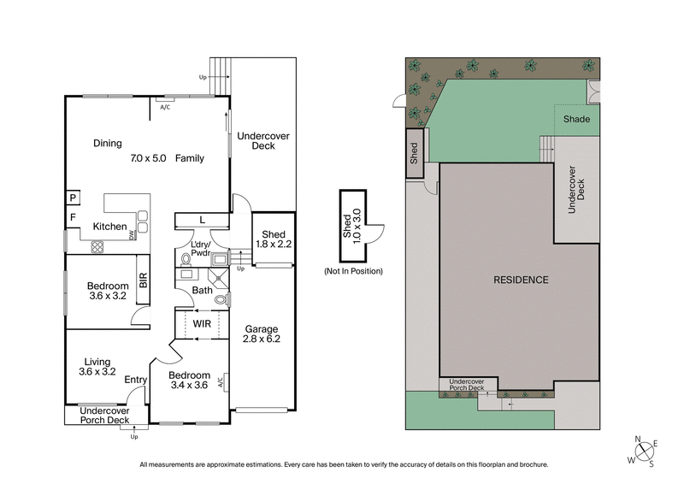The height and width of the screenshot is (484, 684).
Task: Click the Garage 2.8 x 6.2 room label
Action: tap(262, 333)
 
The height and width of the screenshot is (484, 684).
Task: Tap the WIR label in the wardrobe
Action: tap(203, 323)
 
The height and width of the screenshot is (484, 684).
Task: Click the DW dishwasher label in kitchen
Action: tap(132, 235)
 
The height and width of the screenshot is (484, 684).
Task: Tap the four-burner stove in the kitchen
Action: tap(97, 245)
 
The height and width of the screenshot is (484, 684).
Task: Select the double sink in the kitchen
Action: tap(142, 220)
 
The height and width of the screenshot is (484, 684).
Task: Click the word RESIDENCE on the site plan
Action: tap(521, 280)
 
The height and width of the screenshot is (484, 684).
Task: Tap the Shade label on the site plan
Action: tap(576, 119)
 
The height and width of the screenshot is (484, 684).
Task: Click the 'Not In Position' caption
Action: tap(352, 271)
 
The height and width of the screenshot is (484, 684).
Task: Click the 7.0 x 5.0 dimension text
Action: tap(149, 158)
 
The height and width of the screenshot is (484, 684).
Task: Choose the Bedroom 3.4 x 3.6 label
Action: tap(189, 381)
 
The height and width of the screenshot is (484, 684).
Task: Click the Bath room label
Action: tap(203, 291)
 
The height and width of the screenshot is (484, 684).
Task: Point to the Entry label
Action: tap(135, 380)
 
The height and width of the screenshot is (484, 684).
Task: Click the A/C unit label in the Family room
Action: tap(165, 107)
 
